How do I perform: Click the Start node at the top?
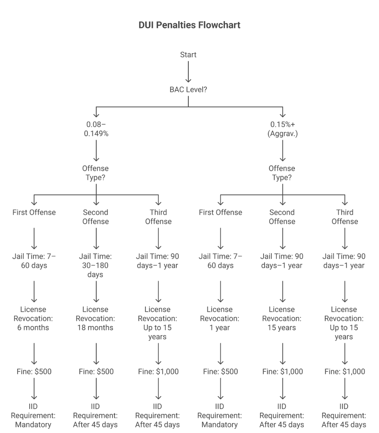click(188, 55)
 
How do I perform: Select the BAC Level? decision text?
click(188, 90)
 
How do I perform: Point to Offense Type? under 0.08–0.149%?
click(96, 173)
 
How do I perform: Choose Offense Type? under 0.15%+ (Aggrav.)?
click(282, 173)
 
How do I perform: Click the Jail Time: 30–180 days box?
click(96, 266)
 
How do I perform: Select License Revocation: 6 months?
click(34, 318)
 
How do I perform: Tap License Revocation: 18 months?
click(96, 318)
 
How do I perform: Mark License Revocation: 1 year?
click(220, 318)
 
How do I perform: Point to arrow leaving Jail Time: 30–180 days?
click(96, 291)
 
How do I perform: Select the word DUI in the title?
click(147, 25)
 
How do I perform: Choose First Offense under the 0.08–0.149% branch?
click(34, 212)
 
